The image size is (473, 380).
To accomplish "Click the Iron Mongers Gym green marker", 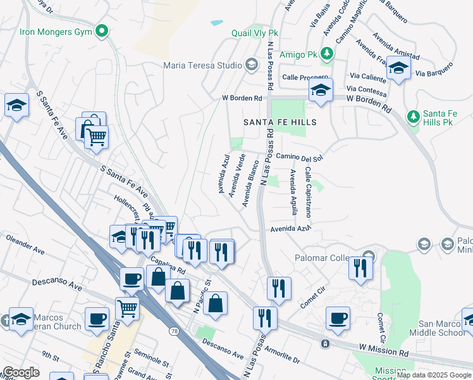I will (101, 30).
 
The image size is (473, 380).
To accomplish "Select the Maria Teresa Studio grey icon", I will (252, 65).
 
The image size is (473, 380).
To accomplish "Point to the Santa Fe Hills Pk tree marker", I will (413, 117).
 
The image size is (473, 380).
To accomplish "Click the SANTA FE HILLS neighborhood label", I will (279, 122).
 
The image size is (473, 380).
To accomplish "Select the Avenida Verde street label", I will (237, 174).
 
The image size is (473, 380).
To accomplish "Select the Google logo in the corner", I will (20, 372).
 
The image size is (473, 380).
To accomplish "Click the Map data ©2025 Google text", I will (434, 375).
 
